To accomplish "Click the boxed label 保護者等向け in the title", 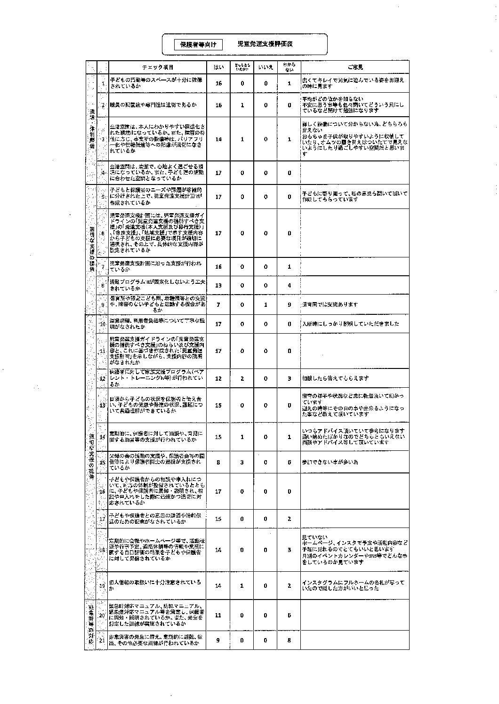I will [198, 44].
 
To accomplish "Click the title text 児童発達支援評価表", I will [265, 44].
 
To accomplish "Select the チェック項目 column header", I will [158, 67].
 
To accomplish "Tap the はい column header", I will [218, 67].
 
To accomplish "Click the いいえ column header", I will [266, 67].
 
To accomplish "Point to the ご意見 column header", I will [355, 67].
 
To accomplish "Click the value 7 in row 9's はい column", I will [218, 304].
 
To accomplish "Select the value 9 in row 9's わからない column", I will [289, 304].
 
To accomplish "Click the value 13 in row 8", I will [218, 285].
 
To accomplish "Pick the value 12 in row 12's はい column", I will [218, 378].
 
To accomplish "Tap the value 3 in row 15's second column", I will [242, 462].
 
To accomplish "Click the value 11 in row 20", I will [218, 615].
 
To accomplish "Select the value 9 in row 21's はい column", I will [218, 640].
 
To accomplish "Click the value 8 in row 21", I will [289, 640].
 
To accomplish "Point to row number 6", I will [103, 233].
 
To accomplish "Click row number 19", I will [102, 585].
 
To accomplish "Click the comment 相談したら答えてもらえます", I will [335, 378].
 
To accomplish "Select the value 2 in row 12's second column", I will [242, 378].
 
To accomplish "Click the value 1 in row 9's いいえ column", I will [266, 304].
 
